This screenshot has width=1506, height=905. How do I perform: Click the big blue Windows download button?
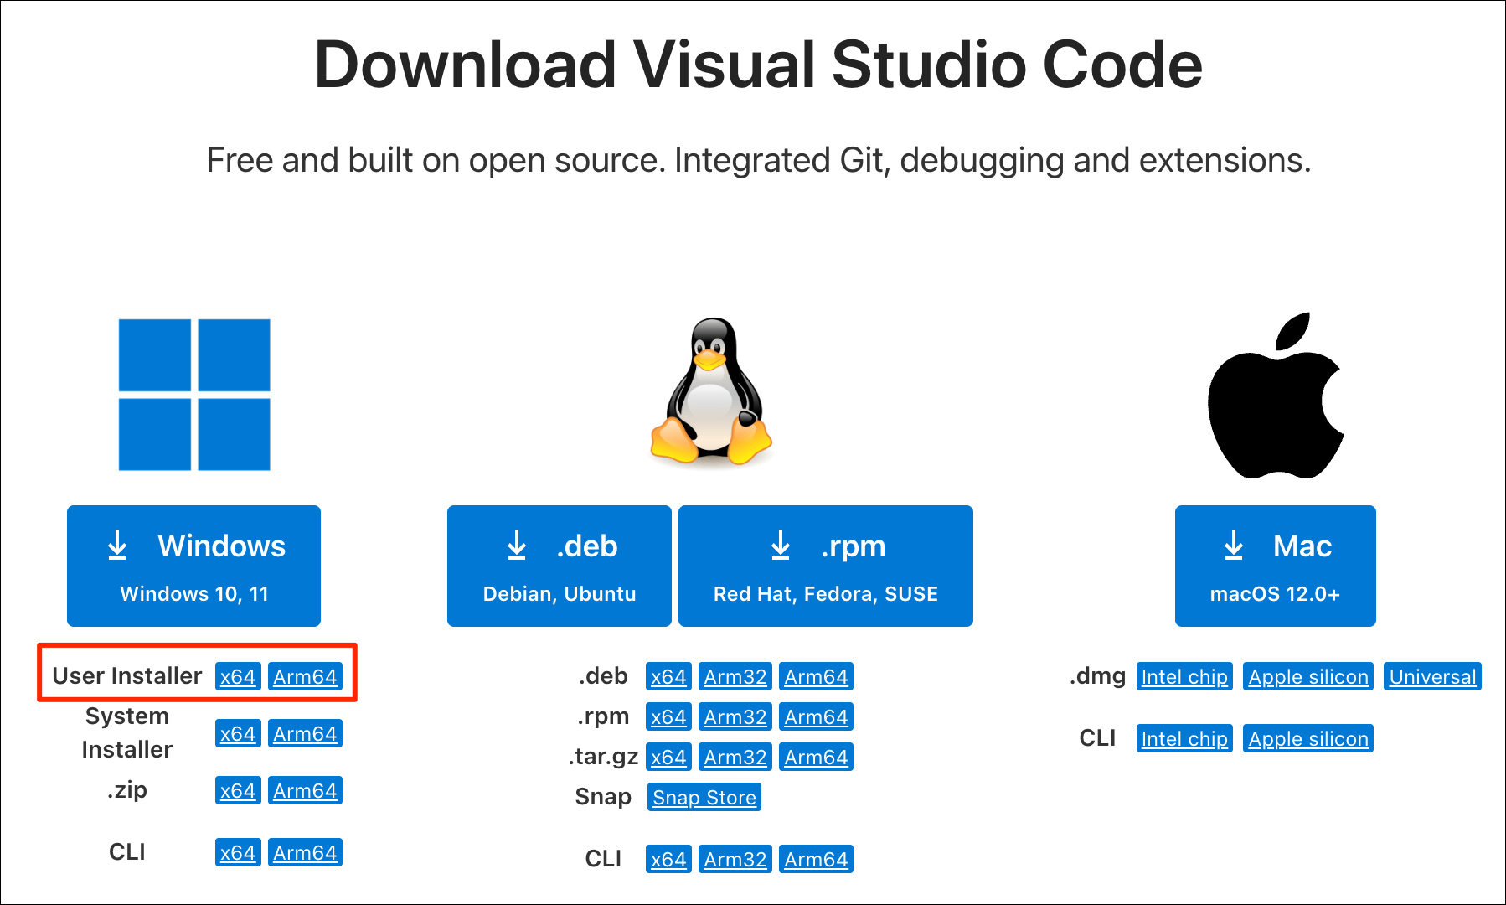pos(193,566)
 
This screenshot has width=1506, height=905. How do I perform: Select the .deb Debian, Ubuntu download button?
pos(560,566)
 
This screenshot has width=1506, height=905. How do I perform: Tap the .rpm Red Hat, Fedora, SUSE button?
pos(826,566)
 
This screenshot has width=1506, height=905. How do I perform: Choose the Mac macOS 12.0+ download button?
pos(1275,566)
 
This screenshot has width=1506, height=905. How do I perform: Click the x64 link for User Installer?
pos(238,676)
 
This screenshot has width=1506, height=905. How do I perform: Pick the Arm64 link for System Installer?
pos(305,733)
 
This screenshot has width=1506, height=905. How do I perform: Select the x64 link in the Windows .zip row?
pos(238,790)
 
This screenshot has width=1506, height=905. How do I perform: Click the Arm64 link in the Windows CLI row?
pos(305,852)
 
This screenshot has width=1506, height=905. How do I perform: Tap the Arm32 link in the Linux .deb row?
pos(735,676)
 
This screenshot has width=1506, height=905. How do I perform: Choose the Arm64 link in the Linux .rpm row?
pos(816,716)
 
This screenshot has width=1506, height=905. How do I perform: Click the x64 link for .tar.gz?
pos(668,757)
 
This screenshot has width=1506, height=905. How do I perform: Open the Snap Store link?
pos(704,797)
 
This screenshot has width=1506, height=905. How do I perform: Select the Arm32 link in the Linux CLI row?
pos(735,859)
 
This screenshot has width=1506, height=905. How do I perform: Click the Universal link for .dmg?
pos(1432,676)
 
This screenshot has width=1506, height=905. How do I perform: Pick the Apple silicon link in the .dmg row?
pos(1308,676)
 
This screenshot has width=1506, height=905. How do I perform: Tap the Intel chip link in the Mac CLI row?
pos(1184,738)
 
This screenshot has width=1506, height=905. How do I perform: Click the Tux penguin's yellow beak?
pos(709,359)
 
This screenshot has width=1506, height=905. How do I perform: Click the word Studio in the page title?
pos(929,65)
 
